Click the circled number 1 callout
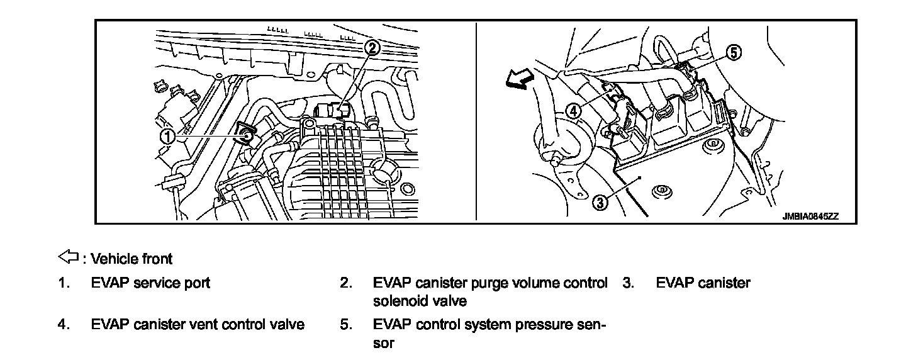(x=167, y=135)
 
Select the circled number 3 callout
(x=600, y=202)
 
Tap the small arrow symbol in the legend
(x=67, y=257)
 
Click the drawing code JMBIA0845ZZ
(x=810, y=216)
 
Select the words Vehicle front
(x=131, y=259)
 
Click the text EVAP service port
(x=150, y=283)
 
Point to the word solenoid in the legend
(x=401, y=301)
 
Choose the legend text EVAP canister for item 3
(x=703, y=283)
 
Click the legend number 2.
(x=345, y=283)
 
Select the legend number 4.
(x=63, y=325)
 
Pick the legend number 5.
(x=345, y=325)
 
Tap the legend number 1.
(x=63, y=283)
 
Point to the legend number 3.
(x=627, y=283)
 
